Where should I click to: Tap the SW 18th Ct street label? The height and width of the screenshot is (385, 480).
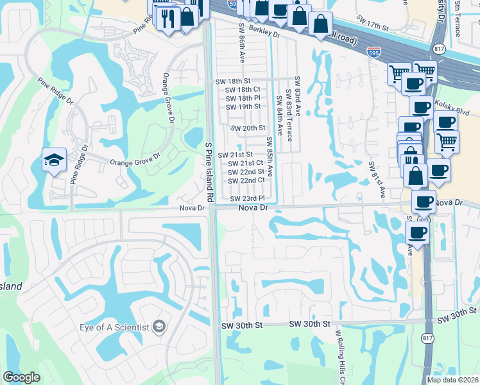tap(243, 89)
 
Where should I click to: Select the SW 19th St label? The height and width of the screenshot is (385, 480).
tap(243, 106)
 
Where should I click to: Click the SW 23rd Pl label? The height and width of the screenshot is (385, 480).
tap(248, 198)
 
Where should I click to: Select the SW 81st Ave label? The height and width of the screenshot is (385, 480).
tap(377, 180)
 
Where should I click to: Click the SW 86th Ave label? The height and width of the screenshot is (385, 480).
tap(243, 43)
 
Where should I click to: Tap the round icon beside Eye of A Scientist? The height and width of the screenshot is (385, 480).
tap(158, 328)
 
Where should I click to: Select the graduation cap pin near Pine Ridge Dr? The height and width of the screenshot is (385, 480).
tap(54, 160)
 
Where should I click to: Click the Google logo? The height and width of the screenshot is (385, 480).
tap(22, 377)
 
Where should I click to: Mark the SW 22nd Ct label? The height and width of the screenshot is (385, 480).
tap(246, 180)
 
